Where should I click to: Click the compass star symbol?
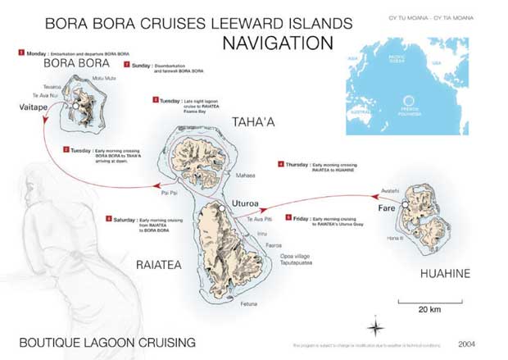[x=374, y=327]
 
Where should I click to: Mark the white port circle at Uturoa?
[x=221, y=211]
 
